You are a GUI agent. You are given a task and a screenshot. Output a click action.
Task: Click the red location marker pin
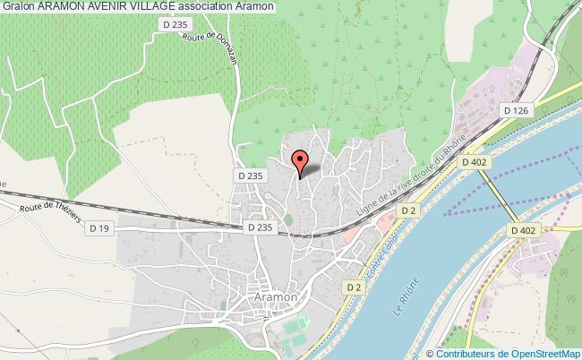click(x=301, y=161)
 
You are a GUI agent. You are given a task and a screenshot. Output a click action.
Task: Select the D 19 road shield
click(x=99, y=229)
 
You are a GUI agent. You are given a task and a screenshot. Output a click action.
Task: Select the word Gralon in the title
click(x=19, y=6)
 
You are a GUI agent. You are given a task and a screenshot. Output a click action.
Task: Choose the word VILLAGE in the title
click(x=170, y=6)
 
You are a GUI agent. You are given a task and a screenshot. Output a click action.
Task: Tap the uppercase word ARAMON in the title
click(x=65, y=6)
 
